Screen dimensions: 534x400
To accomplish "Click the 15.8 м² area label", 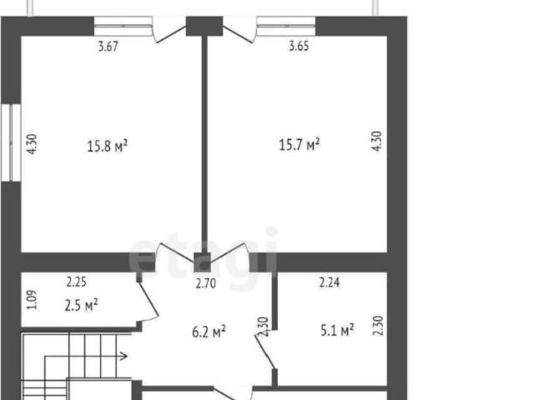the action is point(108,146).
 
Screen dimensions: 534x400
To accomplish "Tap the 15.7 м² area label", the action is point(300,144).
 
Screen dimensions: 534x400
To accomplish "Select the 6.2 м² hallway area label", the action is point(209,332).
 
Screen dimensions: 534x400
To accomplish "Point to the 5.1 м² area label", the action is point(337,330).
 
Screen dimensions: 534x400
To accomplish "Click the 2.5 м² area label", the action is point(81,305).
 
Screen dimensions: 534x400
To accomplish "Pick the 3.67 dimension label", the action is point(108,47).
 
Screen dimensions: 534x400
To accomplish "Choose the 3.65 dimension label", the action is point(299,46).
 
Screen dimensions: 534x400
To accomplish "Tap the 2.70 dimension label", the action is point(206,283).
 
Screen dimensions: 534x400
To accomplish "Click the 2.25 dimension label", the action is point(76,282).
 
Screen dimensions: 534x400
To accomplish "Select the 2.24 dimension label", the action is point(330,282).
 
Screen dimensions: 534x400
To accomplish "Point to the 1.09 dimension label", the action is point(32,300).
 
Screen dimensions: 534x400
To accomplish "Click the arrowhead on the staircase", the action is point(124,357).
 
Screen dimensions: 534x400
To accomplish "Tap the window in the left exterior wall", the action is point(11,142).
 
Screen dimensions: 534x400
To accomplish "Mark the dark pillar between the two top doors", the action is point(204,26).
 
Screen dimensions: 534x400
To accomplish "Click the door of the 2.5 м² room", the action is point(149,299).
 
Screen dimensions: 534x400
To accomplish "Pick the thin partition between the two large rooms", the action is point(204,144).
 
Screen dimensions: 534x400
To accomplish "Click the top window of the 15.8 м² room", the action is point(123,26).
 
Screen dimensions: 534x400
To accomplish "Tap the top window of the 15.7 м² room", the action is point(286,26).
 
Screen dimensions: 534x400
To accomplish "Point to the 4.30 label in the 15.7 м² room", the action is point(377,141).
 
